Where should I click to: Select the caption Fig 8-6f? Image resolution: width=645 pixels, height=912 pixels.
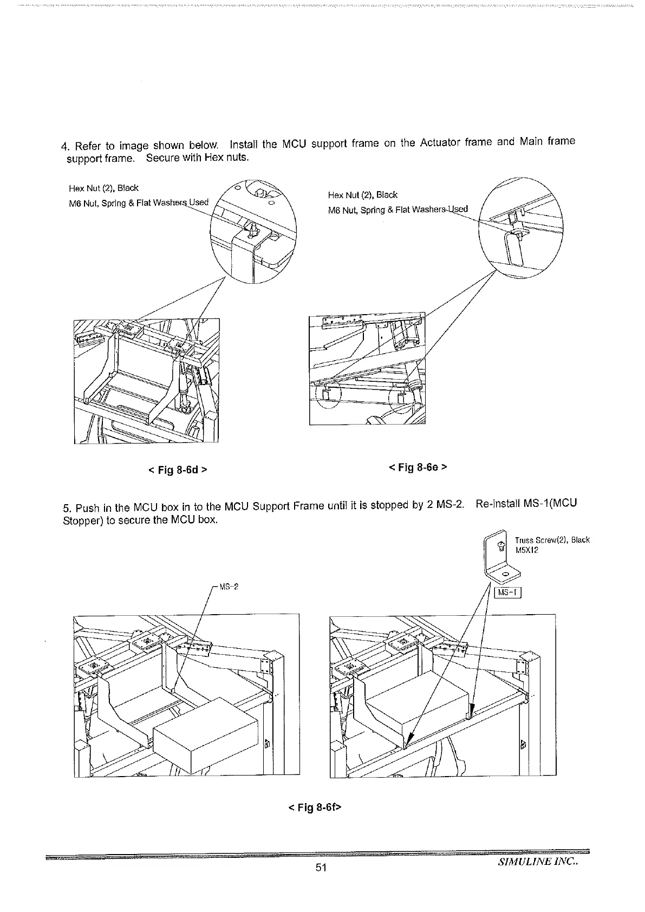[x=315, y=807]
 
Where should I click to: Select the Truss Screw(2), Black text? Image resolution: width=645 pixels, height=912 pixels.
[x=552, y=540]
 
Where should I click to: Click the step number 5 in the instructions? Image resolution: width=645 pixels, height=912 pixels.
[x=67, y=509]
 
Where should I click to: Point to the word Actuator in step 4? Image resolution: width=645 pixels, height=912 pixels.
[x=441, y=144]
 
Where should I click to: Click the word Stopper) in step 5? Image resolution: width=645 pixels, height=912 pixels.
[x=80, y=521]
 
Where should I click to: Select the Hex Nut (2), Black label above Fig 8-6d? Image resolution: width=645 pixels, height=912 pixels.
[x=103, y=188]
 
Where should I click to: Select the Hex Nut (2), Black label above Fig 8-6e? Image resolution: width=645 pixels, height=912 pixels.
[x=363, y=195]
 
